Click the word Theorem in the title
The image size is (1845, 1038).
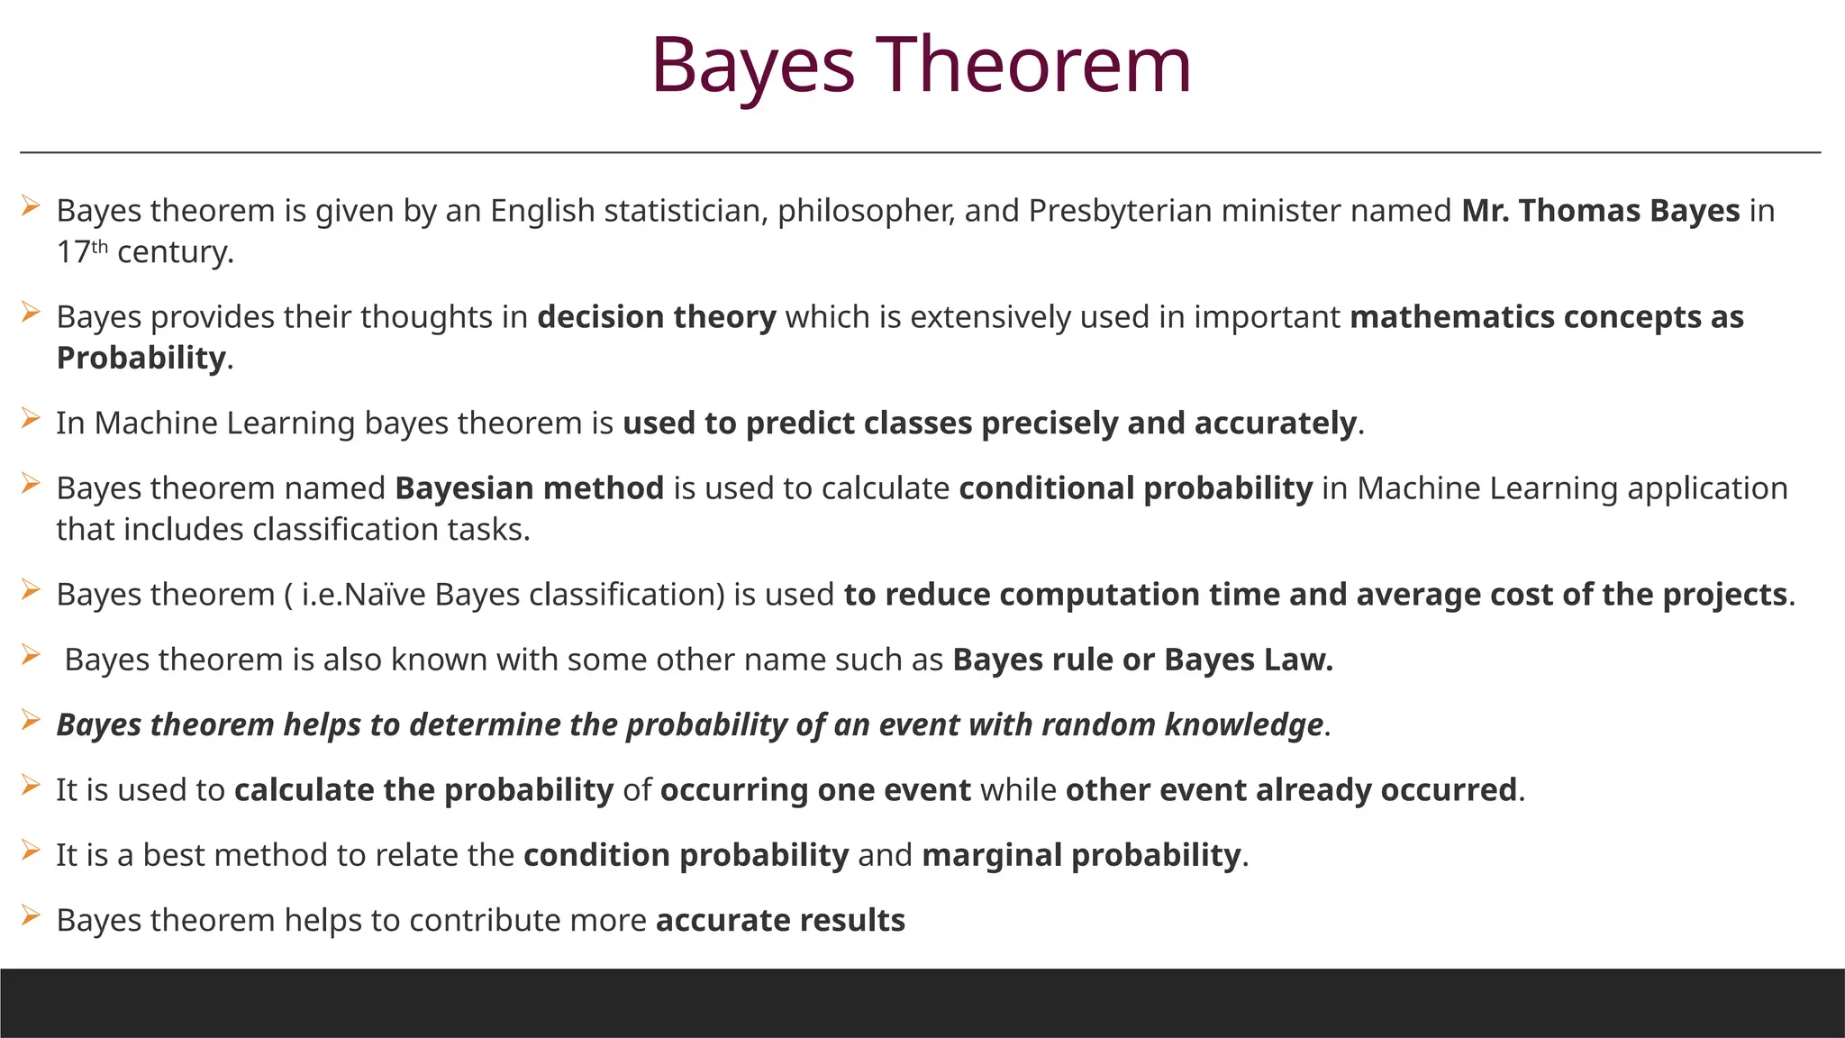[1034, 65]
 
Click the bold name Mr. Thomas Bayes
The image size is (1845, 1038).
[1600, 211]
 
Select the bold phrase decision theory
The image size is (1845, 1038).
[656, 317]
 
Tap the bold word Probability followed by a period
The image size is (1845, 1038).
[141, 358]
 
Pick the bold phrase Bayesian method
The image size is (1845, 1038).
[529, 488]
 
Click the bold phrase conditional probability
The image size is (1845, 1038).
[1135, 488]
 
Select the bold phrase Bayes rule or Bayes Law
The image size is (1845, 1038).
[1141, 660]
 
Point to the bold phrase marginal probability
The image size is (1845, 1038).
[1081, 855]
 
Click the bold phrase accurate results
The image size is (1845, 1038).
[780, 920]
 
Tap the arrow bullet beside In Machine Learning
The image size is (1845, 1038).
[31, 419]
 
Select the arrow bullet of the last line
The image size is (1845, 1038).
[31, 916]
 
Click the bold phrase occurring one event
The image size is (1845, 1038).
[815, 790]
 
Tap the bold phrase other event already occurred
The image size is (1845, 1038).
[1291, 790]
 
